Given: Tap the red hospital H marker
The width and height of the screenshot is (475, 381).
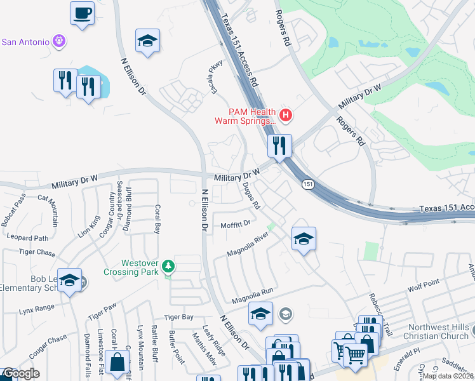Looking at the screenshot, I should (286, 115).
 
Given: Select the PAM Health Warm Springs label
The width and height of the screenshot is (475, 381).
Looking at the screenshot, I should (245, 116).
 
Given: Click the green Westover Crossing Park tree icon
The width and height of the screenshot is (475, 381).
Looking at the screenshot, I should (168, 266).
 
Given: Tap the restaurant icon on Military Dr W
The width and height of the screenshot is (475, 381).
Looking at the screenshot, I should (279, 145).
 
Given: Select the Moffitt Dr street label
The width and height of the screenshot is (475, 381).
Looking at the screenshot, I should (236, 224).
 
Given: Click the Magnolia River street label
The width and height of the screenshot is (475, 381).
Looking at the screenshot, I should (249, 245).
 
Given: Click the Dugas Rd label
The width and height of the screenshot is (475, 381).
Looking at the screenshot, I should (251, 196).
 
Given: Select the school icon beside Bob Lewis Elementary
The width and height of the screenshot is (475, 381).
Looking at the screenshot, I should (70, 280).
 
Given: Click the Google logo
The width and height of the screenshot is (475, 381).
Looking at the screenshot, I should (20, 373).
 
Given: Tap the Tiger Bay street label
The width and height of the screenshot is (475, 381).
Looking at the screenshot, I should (178, 317).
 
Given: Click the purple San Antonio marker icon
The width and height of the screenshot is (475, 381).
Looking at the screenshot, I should (59, 41).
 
